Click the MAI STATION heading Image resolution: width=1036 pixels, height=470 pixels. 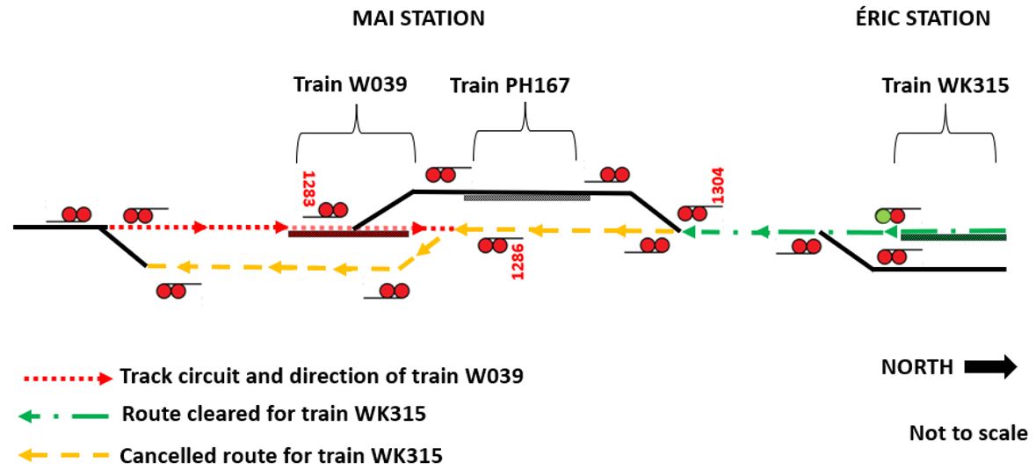point(418,18)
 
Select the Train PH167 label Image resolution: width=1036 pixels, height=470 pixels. point(510,86)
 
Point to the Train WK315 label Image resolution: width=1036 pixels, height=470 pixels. point(945,86)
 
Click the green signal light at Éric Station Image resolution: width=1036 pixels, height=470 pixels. point(884,215)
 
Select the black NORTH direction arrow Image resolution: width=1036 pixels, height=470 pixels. point(990,366)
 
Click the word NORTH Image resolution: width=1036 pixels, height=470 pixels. point(916,367)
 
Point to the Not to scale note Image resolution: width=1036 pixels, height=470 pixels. point(967,432)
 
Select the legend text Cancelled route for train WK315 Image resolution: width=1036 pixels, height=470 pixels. point(281,455)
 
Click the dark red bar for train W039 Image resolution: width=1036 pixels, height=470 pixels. point(349,233)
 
